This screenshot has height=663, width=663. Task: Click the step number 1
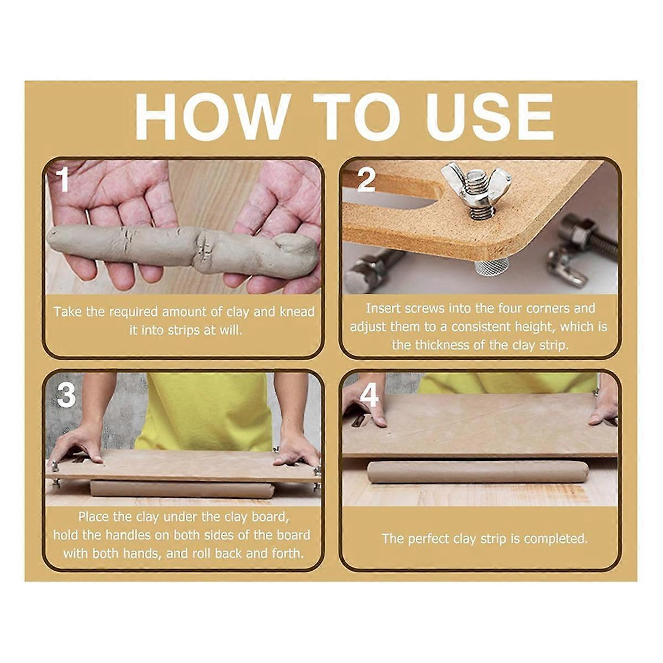coord(64,180)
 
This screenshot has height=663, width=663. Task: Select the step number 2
coord(366,180)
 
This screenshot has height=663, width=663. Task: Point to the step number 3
coord(66,395)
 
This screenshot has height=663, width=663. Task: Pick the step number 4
coord(369,395)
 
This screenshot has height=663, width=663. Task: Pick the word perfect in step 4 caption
coord(429,538)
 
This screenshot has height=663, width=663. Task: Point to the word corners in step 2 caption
coord(548,308)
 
